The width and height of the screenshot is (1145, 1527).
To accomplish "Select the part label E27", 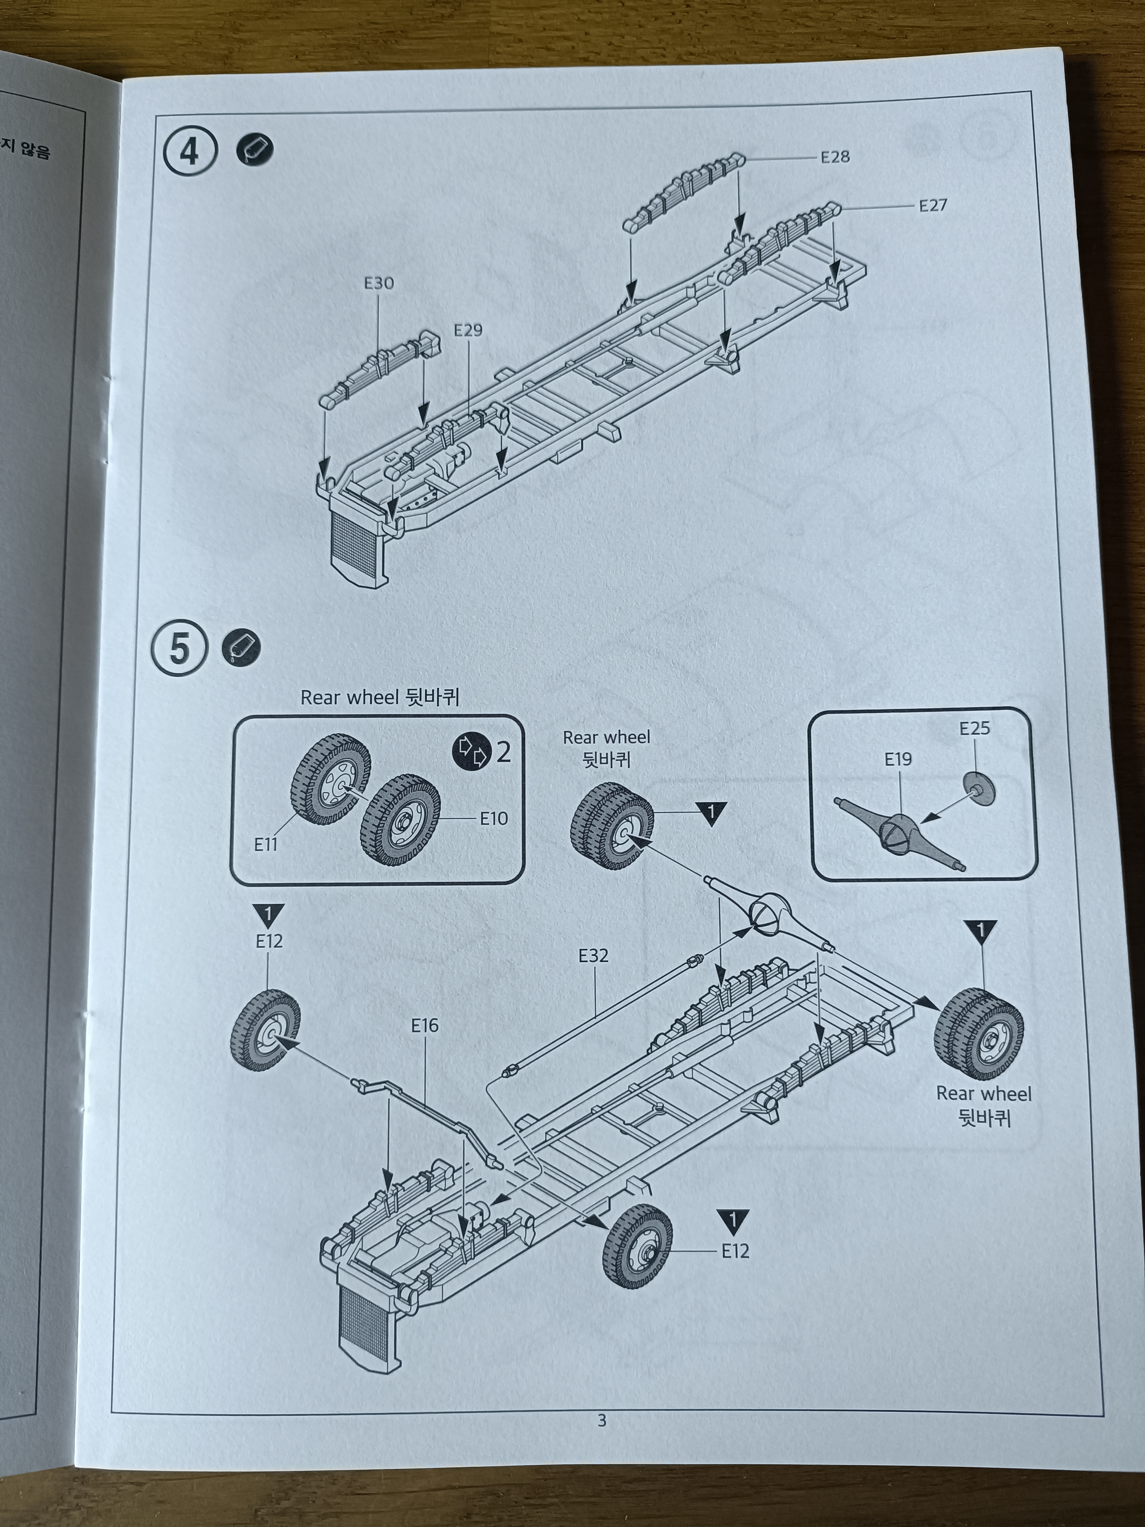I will click(932, 206).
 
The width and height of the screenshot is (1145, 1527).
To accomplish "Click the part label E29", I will click(468, 331).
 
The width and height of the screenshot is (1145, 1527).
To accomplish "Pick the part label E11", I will click(266, 844).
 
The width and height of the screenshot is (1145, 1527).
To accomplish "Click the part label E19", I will click(898, 759).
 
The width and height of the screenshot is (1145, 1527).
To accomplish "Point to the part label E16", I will click(425, 1026).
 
